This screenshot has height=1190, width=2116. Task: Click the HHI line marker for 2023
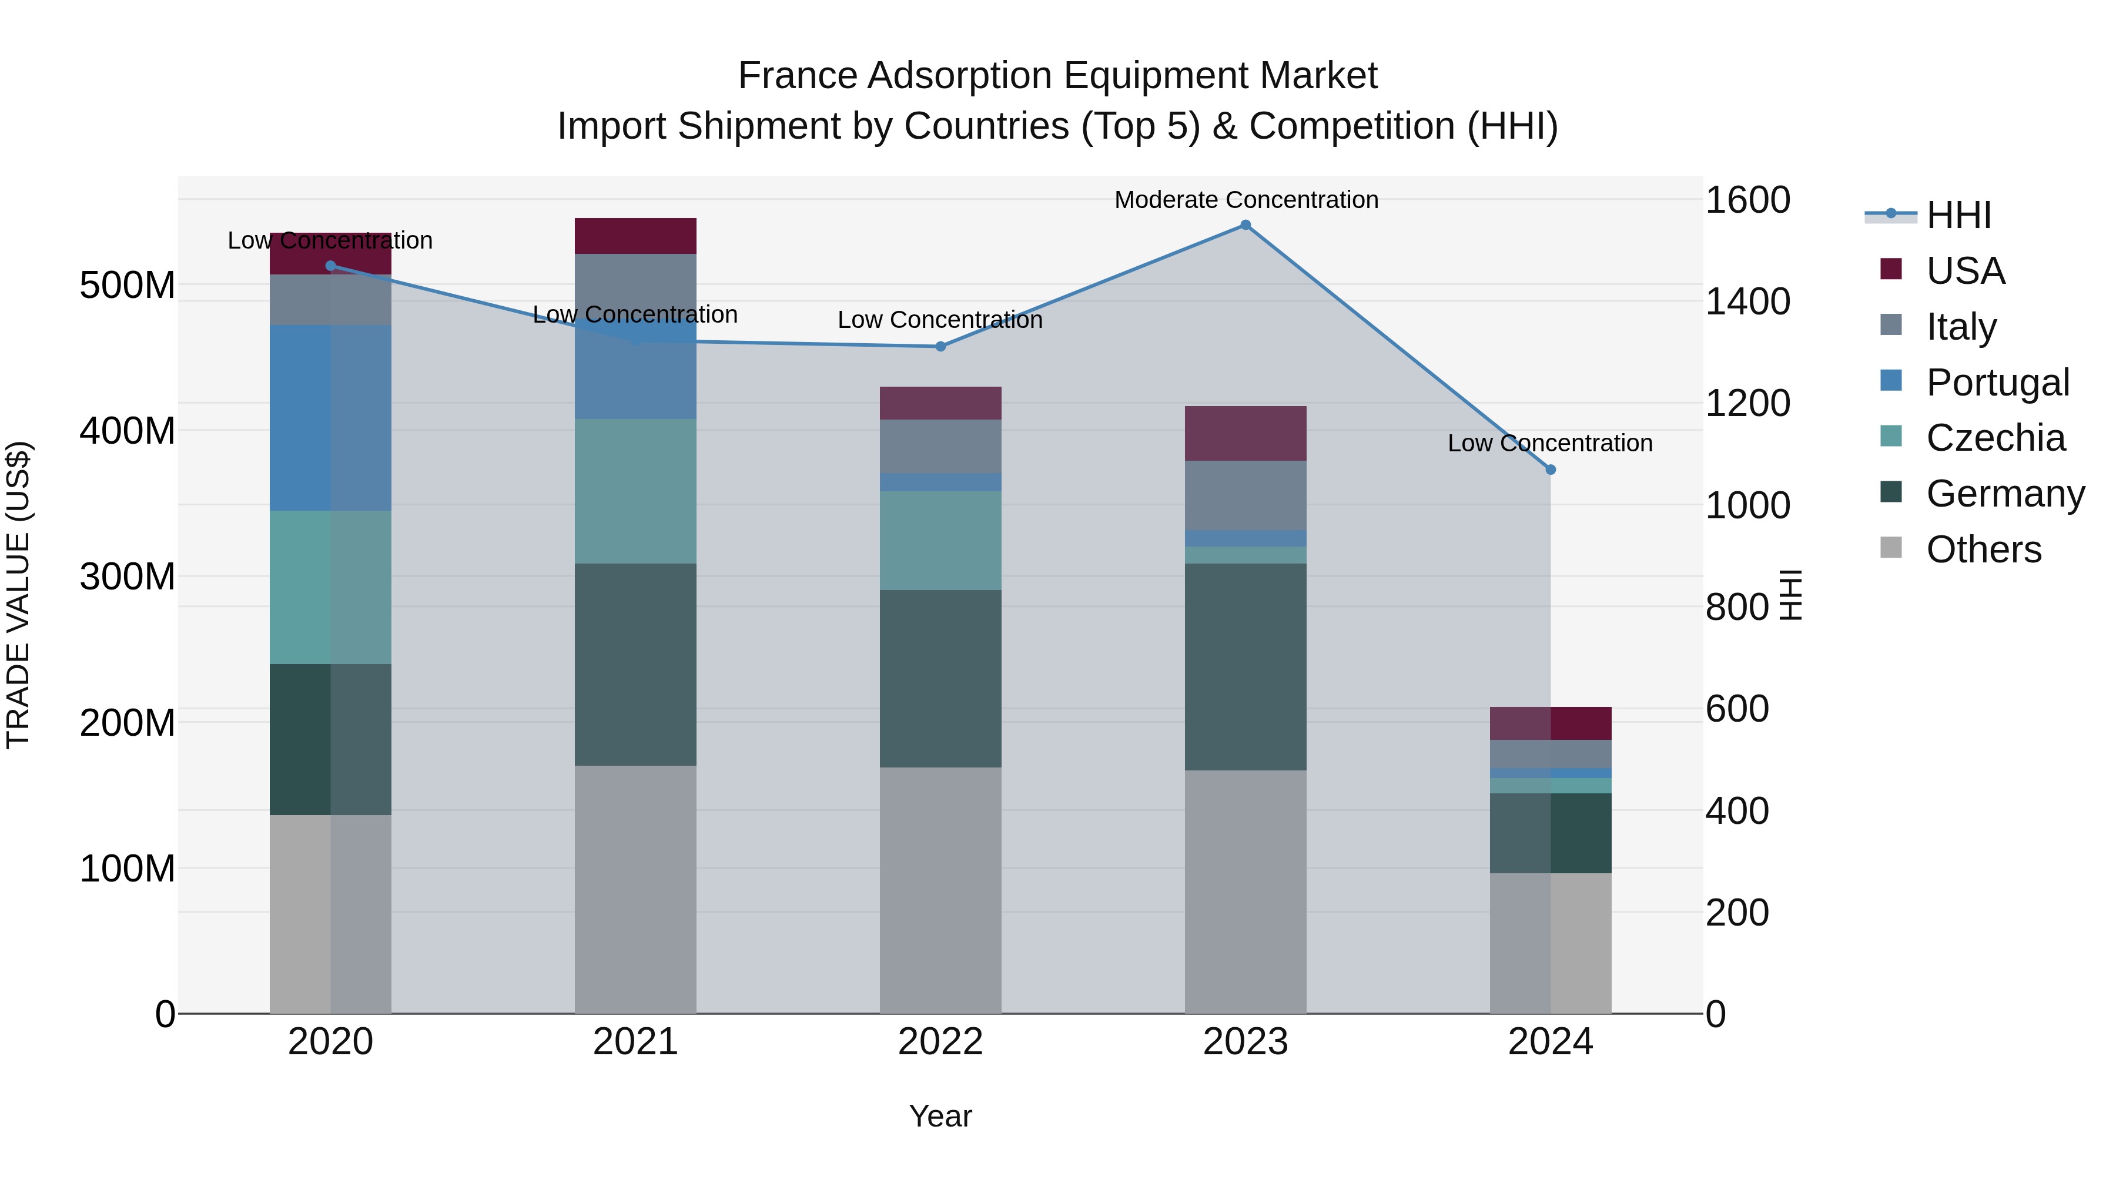1246,225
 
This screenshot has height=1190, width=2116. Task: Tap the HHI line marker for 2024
1550,470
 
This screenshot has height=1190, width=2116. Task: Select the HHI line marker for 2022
940,347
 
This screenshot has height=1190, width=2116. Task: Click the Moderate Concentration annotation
1246,200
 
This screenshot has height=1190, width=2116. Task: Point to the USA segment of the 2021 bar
635,236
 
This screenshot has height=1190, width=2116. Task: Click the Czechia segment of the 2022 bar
940,541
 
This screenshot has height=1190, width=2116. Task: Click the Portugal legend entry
1997,383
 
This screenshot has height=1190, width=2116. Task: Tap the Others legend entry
1983,549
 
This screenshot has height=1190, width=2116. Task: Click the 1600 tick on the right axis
1747,200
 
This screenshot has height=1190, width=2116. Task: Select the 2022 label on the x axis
940,1042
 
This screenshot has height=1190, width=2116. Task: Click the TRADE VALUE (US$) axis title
18,595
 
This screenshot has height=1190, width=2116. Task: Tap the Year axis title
940,1116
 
